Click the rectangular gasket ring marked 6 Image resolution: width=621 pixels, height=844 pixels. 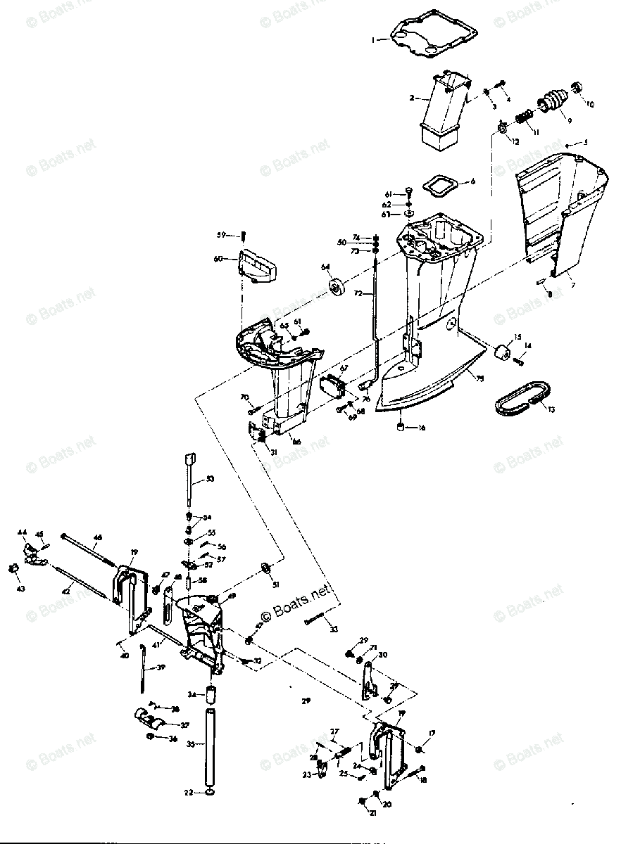pyautogui.click(x=441, y=185)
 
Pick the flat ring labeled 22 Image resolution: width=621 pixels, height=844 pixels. pyautogui.click(x=210, y=793)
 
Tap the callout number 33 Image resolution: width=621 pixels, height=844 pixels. pyautogui.click(x=334, y=628)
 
